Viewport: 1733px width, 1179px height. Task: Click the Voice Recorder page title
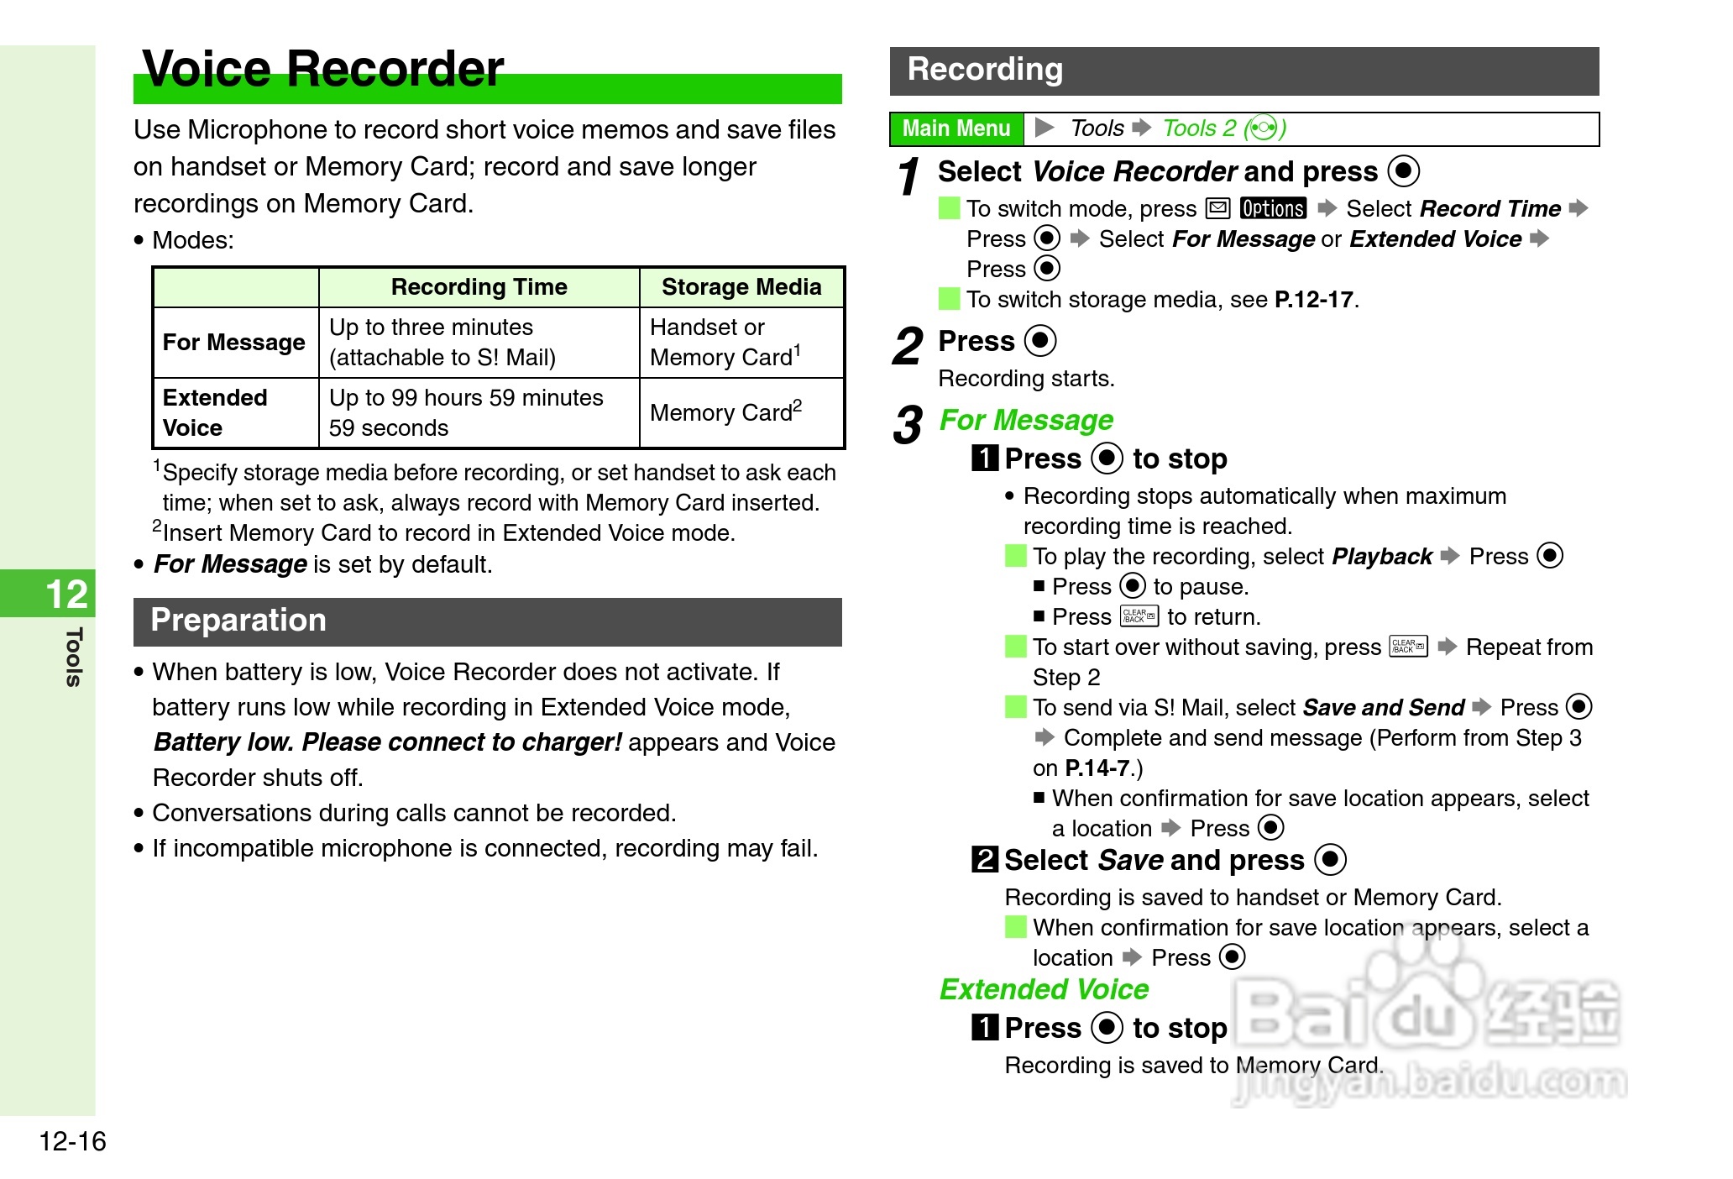(x=323, y=69)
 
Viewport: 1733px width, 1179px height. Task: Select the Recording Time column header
(x=479, y=287)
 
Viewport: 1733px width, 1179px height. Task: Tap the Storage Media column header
(x=741, y=287)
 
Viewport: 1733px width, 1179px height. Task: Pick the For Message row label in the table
(x=233, y=343)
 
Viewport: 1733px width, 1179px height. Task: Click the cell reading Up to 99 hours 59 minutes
(x=466, y=398)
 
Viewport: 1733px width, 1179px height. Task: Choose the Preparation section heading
(x=238, y=621)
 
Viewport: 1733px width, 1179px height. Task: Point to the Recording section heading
(x=985, y=70)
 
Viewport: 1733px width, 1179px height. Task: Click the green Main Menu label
(x=956, y=128)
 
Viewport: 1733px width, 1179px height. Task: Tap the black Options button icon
(x=1273, y=208)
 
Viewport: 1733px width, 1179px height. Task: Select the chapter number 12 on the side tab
(x=66, y=595)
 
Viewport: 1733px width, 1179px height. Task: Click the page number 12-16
(x=73, y=1141)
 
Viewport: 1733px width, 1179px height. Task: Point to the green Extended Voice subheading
(x=1044, y=989)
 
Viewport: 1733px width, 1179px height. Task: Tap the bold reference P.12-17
(x=1313, y=300)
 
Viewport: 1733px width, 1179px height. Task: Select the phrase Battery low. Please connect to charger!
(x=388, y=742)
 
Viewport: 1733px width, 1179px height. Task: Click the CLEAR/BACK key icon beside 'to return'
(x=1139, y=616)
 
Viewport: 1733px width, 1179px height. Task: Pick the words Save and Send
(x=1383, y=708)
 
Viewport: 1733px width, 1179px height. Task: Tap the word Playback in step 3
(x=1382, y=557)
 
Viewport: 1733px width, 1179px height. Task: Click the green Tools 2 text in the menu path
(x=1199, y=128)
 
